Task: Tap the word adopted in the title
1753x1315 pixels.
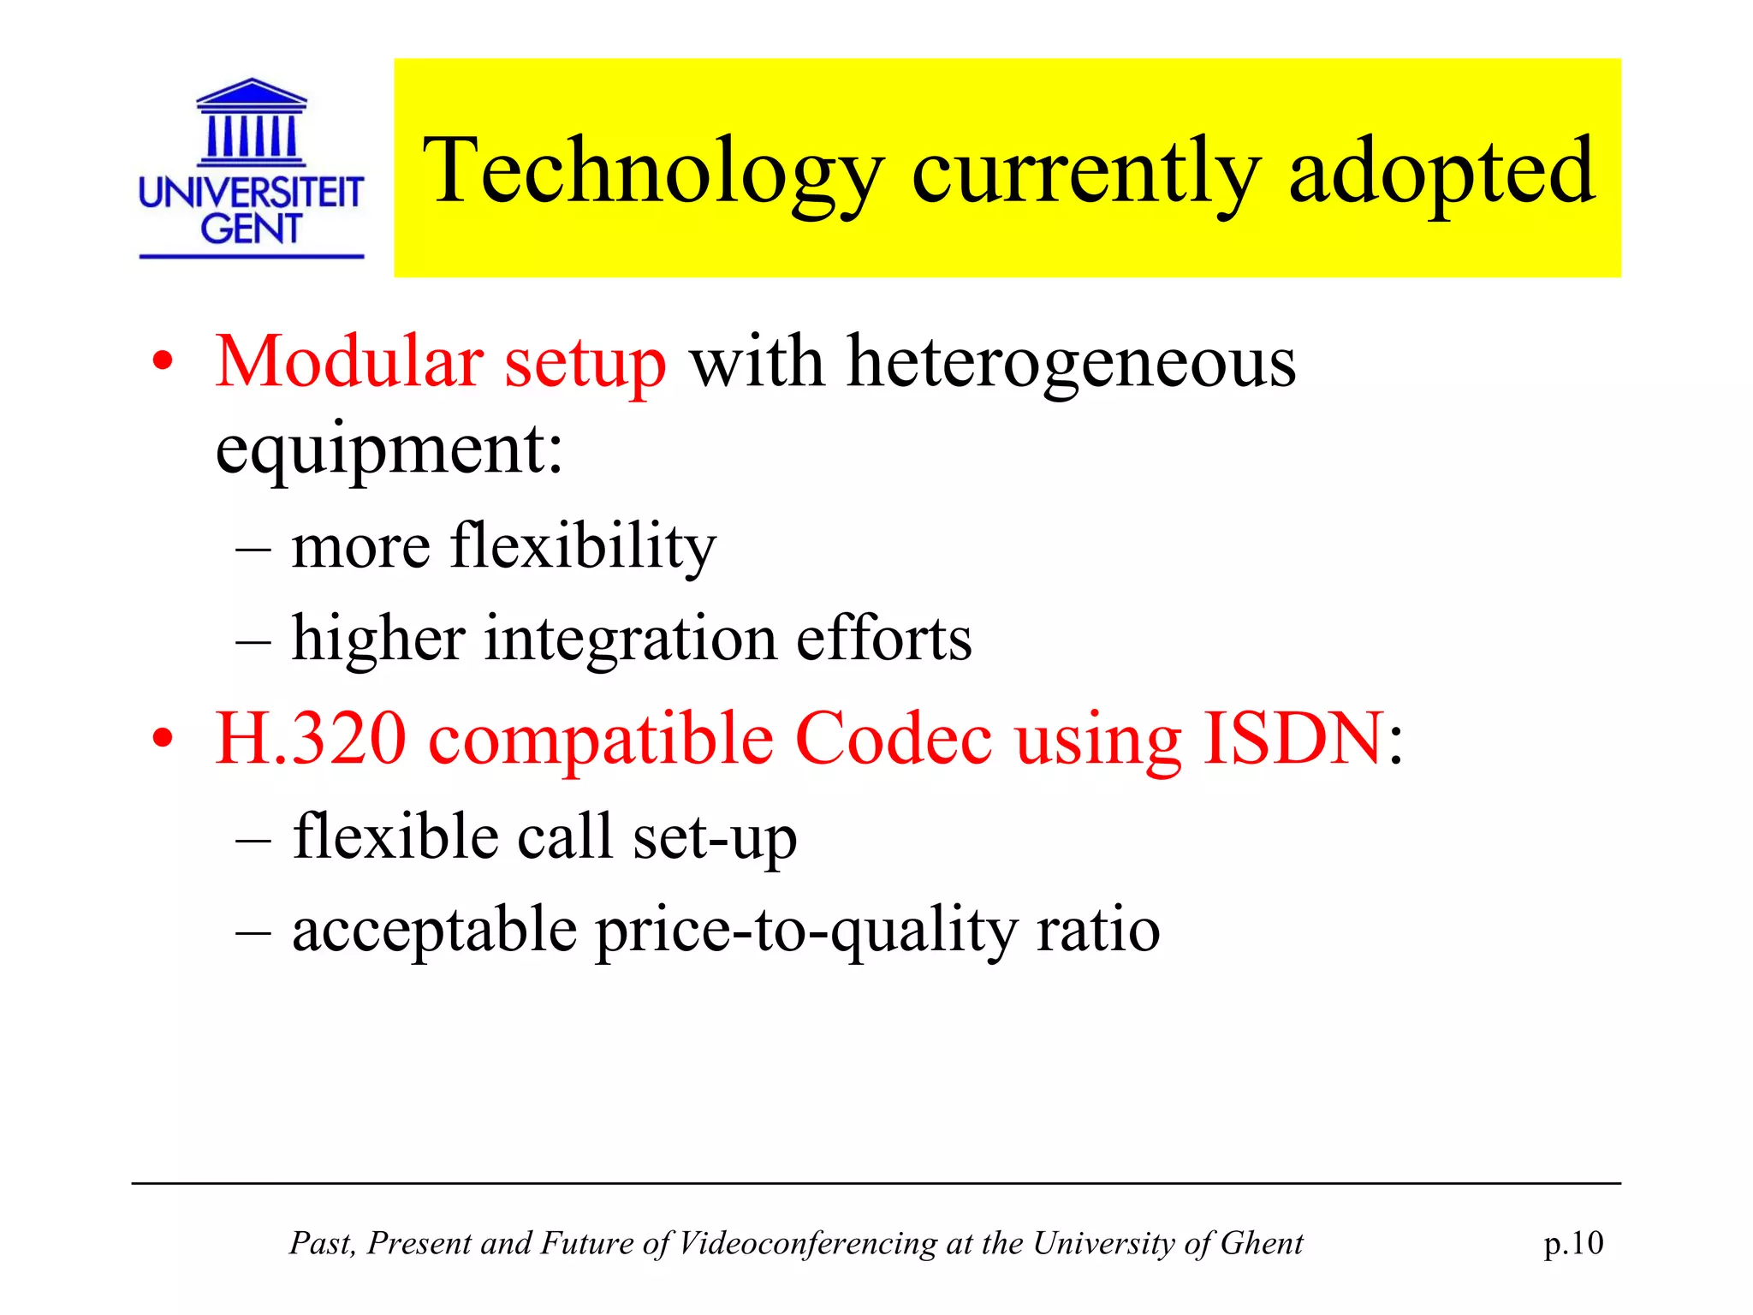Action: [1441, 171]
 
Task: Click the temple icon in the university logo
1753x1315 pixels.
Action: [251, 122]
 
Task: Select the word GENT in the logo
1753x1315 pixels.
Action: [251, 229]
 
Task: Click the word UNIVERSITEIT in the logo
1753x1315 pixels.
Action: [251, 193]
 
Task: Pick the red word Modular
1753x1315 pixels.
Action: [348, 362]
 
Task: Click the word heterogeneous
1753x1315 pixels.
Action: [1071, 362]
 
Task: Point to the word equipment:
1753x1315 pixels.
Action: [389, 449]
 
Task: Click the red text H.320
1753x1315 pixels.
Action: [310, 738]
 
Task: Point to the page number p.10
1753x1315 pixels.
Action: [1573, 1243]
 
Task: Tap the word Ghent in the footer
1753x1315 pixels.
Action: [1261, 1243]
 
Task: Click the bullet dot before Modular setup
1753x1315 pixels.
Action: [163, 363]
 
